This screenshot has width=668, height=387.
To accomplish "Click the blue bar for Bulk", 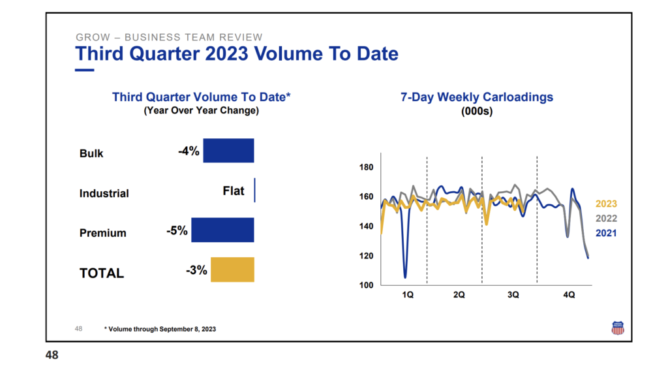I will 228,151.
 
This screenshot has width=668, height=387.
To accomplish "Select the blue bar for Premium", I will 222,230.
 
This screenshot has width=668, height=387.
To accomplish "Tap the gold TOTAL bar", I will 232,270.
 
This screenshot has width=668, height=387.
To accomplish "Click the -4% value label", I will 189,151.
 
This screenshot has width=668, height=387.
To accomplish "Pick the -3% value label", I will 196,270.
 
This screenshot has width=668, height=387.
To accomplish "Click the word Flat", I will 234,191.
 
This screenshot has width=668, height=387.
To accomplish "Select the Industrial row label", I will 104,194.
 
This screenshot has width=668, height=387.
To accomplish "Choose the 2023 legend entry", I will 606,204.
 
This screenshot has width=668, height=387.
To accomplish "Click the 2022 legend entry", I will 606,219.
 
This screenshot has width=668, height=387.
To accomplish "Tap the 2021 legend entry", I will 606,233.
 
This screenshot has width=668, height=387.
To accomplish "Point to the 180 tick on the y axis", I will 366,168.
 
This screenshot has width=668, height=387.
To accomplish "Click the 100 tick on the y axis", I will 366,285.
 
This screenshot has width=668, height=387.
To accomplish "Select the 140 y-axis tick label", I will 366,226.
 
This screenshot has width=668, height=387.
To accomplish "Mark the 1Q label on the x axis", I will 408,296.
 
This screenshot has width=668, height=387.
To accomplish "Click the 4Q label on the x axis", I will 569,296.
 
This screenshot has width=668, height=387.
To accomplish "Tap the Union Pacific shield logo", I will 617,328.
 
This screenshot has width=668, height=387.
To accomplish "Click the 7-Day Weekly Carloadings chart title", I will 477,97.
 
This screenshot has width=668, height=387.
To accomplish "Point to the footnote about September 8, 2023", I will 160,329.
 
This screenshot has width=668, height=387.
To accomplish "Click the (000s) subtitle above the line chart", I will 476,112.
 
